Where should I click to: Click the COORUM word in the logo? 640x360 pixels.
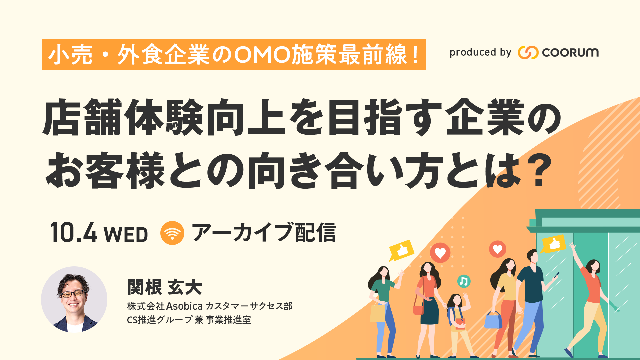click(570, 52)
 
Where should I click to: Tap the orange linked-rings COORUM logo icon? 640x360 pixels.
click(528, 52)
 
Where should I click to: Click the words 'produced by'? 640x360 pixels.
click(480, 52)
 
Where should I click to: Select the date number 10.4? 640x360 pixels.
click(74, 233)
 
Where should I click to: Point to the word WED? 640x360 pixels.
click(126, 234)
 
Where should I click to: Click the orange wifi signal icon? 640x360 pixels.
click(172, 233)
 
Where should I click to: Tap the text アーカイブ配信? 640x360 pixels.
click(264, 232)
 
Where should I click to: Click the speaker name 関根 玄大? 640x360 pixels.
click(165, 287)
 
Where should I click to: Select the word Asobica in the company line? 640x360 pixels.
click(184, 306)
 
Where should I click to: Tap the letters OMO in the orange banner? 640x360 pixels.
click(262, 55)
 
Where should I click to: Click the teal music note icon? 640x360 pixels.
click(463, 282)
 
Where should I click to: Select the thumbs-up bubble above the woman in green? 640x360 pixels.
click(401, 250)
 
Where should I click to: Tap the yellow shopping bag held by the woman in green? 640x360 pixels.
click(377, 313)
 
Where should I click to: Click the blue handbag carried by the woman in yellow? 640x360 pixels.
click(493, 320)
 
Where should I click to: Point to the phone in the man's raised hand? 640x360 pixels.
click(556, 275)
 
